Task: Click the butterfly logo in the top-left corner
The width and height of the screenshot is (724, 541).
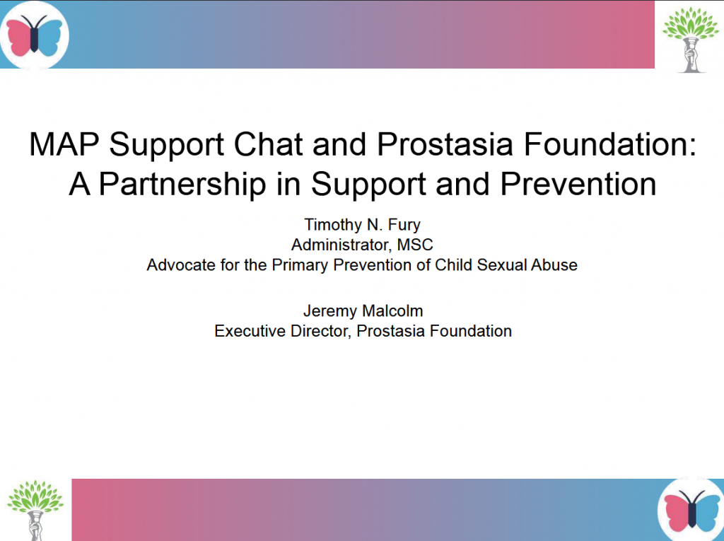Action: (34, 35)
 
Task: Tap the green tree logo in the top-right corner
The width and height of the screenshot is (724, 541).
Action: (690, 40)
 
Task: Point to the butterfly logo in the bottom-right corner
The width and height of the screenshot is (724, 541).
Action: (691, 510)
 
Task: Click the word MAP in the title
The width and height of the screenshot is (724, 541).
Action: (64, 144)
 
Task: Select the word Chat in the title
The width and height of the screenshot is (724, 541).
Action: (268, 144)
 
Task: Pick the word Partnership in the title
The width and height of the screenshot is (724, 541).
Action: (182, 185)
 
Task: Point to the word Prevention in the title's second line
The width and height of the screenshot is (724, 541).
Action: (578, 185)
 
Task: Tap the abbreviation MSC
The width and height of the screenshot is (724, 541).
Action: (414, 245)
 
